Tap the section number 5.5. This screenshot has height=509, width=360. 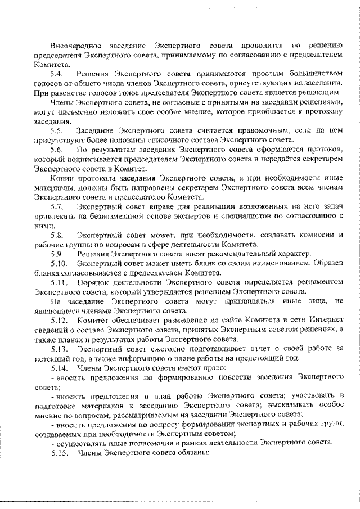click(57, 130)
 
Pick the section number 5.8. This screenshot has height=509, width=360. click(57, 235)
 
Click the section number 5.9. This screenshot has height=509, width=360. click(57, 254)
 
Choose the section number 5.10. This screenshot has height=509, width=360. click(59, 263)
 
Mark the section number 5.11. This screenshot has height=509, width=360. click(59, 282)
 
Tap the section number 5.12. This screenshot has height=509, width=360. click(59, 319)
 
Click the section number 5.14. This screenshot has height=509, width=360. click(59, 367)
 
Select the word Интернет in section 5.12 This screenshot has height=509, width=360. click(326, 319)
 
